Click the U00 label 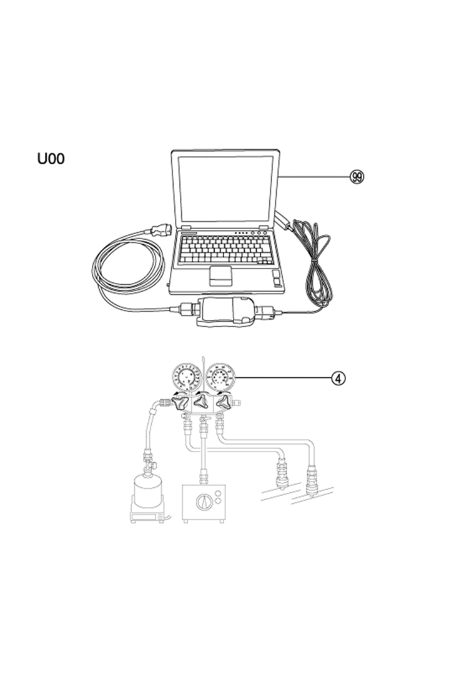[x=51, y=159]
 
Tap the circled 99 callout [x=357, y=177]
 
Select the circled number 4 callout [x=338, y=378]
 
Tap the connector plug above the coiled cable [x=160, y=229]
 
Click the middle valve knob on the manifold [x=201, y=402]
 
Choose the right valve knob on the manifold [x=224, y=403]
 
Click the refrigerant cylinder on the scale [x=148, y=491]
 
